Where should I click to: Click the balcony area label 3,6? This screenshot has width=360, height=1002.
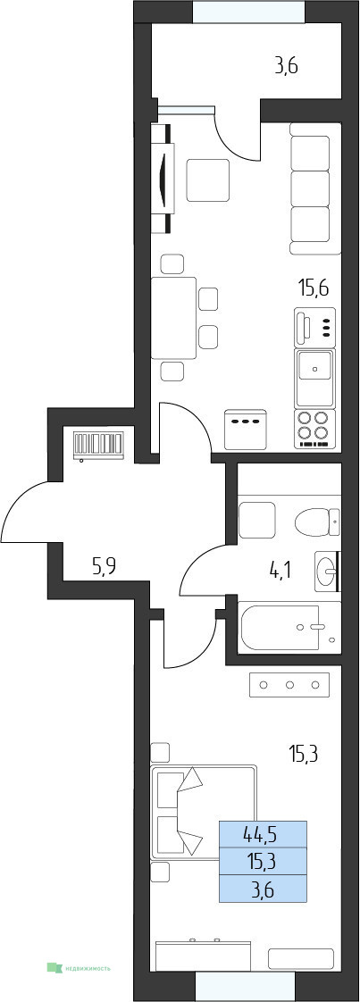[x=287, y=66]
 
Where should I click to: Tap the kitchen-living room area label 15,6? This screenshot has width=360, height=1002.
[x=314, y=288]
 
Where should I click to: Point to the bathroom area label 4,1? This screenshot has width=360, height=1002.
[x=280, y=568]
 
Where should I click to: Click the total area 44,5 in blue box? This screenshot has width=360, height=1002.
[x=263, y=833]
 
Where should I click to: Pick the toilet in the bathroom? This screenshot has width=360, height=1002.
[x=318, y=522]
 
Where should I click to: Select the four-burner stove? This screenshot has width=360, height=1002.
[x=314, y=428]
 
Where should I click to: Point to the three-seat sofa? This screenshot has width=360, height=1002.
[x=310, y=188]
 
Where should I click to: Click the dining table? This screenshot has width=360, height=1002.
[x=174, y=318]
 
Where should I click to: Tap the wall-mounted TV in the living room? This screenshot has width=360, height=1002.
[x=168, y=177]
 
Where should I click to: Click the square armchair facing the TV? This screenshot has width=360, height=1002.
[x=208, y=180]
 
